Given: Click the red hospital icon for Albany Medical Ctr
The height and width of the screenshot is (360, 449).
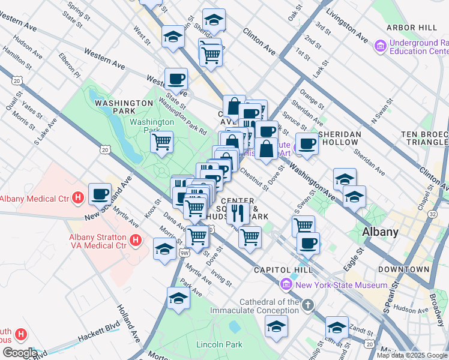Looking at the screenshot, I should [77, 197].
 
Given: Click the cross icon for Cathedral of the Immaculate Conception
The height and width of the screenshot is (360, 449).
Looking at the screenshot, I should [308, 306].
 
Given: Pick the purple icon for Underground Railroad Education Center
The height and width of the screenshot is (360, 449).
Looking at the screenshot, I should [379, 46].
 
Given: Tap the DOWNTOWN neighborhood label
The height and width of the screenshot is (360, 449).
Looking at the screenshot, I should [403, 270].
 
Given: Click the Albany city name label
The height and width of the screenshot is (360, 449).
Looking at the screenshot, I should [381, 232].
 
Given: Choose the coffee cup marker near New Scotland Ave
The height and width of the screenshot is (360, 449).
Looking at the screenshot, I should [100, 194].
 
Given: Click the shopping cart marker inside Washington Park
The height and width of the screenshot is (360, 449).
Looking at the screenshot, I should [161, 142].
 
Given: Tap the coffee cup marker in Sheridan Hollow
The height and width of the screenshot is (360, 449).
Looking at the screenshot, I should [307, 143].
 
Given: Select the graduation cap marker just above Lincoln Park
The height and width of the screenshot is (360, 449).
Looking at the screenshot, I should [178, 298].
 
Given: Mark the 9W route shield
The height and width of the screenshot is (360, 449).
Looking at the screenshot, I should [184, 253].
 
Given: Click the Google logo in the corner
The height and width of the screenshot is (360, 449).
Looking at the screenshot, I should [20, 353].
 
